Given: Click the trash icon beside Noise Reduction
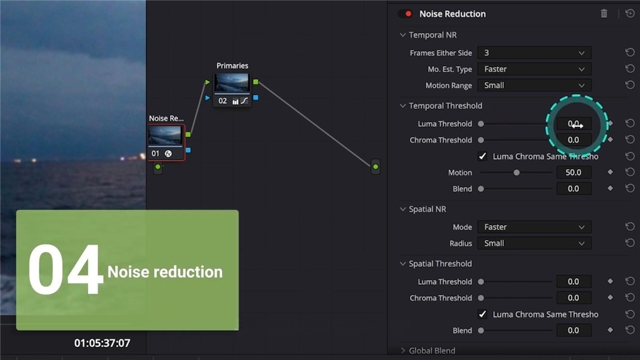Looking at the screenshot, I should pos(604,14).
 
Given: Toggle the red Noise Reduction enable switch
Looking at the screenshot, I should pos(406,14).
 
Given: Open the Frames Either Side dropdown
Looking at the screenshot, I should pos(534,53).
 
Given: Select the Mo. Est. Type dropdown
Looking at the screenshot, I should pos(534,69).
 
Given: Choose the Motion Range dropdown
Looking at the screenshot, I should pos(534,86).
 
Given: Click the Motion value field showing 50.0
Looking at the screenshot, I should pos(573,172).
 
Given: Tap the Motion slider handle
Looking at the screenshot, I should pos(516,173).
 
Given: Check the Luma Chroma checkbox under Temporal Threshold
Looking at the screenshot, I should pos(482,156).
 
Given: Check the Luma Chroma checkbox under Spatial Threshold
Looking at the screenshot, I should pos(482,314).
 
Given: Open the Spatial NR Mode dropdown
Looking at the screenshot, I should pos(534,227).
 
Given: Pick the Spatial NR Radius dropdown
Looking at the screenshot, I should pos(534,243).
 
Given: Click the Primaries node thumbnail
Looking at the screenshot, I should pos(232,83).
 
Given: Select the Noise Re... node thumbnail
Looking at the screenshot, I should pos(165,136).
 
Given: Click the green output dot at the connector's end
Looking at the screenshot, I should pos(375,166).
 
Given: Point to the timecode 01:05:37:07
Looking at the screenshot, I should pos(102,343).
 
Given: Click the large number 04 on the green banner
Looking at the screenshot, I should pos(65,271).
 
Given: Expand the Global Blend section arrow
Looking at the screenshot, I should pos(403,351).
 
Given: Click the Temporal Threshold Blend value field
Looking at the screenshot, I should pos(573,189).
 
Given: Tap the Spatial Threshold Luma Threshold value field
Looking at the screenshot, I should pos(573,282).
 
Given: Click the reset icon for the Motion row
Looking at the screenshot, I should pos(630,172).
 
